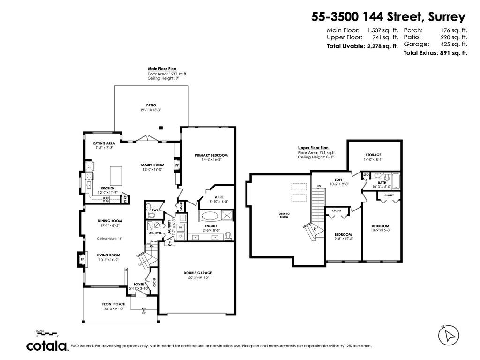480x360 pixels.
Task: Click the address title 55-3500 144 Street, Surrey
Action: pos(389,17)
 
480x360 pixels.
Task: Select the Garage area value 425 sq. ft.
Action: pos(454,44)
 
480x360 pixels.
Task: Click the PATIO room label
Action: pos(151,105)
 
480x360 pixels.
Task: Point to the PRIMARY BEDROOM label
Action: pos(211,155)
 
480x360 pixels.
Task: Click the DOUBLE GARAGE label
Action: pos(197,273)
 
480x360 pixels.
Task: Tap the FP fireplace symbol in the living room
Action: pos(82,259)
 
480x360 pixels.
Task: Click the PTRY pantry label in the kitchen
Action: pos(125,199)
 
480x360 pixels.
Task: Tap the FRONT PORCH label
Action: pos(114,304)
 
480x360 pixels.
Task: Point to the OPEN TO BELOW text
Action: pos(285,216)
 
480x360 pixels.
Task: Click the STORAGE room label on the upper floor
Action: pos(374,155)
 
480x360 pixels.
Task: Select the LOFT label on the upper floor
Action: pos(338,179)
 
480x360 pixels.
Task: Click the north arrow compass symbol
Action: pos(449,335)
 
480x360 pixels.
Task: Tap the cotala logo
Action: pos(46,346)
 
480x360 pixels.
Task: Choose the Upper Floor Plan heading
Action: pos(313,147)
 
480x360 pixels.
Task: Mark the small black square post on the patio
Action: pos(161,127)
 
